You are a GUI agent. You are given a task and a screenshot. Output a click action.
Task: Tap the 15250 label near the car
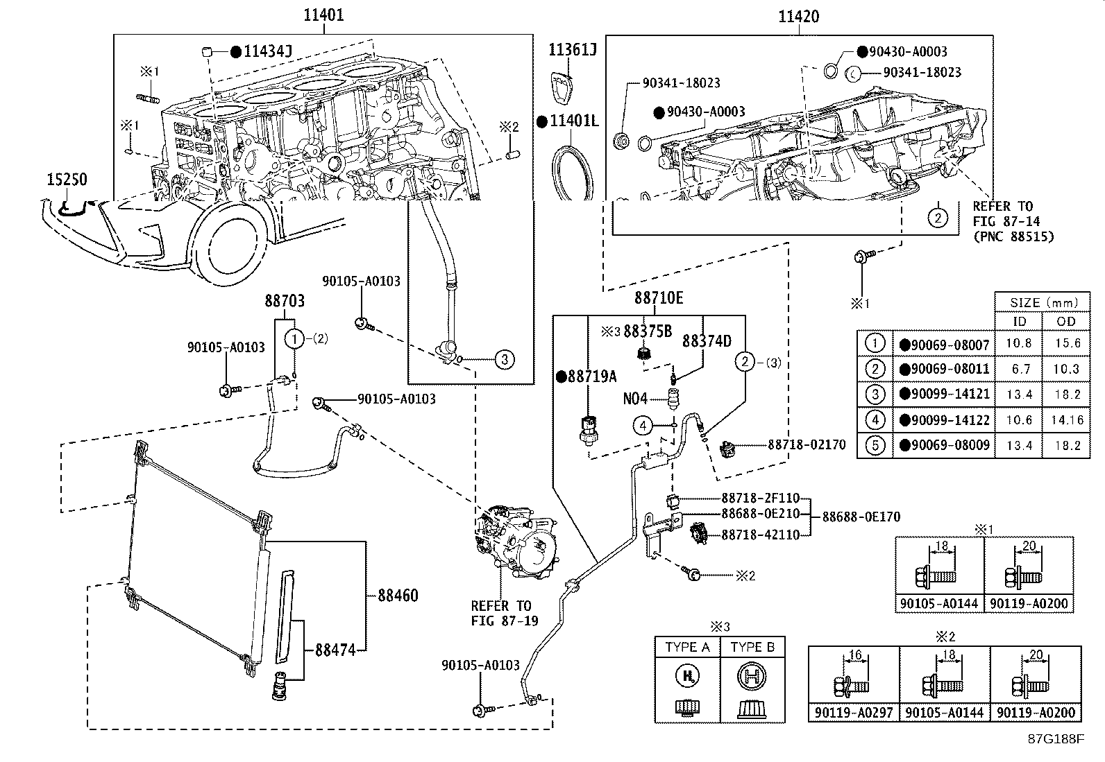point(67,180)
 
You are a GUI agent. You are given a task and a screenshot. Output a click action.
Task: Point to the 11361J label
point(573,50)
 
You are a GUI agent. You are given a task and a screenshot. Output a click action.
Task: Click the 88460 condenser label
point(398,596)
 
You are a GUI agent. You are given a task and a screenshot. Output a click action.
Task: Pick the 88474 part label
point(335,650)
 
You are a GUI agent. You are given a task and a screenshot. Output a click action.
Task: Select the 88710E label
point(659,298)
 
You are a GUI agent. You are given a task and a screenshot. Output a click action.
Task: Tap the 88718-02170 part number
point(807,444)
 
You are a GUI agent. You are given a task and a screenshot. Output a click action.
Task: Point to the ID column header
point(1018,321)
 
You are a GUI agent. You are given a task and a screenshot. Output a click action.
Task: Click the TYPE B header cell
point(752,647)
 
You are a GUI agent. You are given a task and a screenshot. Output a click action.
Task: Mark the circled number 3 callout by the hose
point(505,359)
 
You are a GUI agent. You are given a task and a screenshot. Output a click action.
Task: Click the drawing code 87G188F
point(1056,739)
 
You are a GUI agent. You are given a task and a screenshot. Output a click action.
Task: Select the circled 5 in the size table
point(875,445)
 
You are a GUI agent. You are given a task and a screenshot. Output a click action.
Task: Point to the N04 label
point(635,399)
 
